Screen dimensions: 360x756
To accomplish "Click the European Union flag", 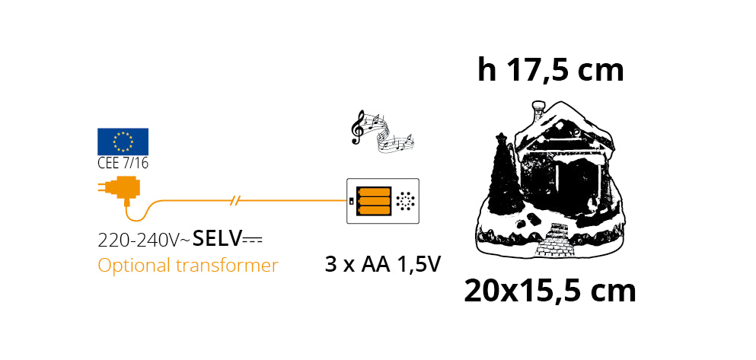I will (123, 141).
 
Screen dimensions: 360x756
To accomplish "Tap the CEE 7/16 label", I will (122, 162).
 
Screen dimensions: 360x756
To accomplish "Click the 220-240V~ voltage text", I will (144, 241).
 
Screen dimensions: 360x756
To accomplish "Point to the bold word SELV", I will (217, 238).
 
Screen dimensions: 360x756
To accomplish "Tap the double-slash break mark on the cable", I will (236, 201).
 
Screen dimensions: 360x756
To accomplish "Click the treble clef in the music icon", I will (356, 127).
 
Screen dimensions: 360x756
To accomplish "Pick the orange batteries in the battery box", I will (374, 200).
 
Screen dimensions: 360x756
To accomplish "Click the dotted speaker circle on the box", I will (406, 201).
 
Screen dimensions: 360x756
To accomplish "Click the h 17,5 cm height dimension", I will (550, 70).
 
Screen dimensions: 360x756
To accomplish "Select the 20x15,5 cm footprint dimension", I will (550, 291).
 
